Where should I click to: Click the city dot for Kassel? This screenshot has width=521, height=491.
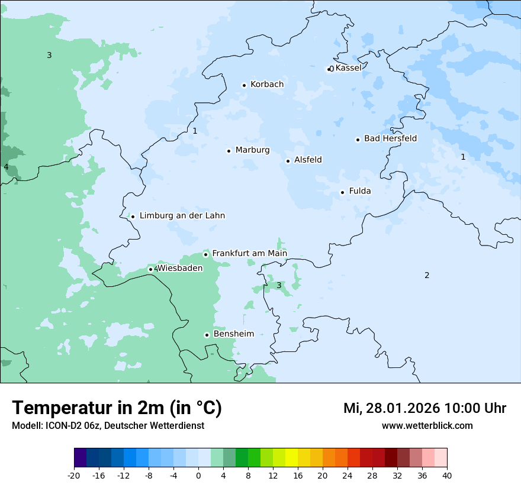[329, 69]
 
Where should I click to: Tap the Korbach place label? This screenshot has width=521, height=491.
[266, 85]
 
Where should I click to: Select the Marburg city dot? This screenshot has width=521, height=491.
[229, 151]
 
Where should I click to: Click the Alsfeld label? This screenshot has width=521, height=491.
[308, 160]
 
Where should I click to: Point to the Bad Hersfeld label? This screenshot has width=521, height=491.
[390, 138]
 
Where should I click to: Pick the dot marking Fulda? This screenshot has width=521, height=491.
[342, 192]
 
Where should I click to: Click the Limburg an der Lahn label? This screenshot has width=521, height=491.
[182, 216]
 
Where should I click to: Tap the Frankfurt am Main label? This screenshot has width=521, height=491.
[249, 253]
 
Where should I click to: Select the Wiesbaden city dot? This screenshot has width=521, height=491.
[150, 270]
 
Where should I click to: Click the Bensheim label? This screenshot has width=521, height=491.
[233, 334]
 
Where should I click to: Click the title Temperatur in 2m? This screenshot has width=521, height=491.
[117, 408]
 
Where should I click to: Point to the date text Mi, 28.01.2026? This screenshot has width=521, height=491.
[391, 408]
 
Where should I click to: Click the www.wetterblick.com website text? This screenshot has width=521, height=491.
[427, 425]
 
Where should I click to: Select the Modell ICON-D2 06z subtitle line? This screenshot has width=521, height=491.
[108, 425]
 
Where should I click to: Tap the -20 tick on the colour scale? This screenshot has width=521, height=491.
[74, 475]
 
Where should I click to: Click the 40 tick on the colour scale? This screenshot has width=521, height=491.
[447, 475]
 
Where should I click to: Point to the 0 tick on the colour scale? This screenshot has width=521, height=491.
[198, 475]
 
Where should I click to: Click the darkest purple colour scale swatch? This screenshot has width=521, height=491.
[80, 458]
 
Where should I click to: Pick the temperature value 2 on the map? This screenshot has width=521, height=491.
[427, 275]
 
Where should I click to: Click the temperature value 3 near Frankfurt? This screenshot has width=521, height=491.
[279, 285]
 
